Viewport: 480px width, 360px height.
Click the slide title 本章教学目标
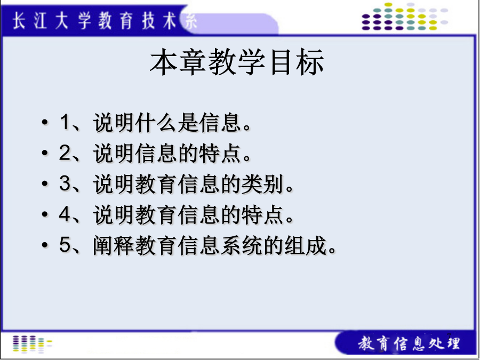coord(237,62)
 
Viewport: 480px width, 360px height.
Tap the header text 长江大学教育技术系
coord(105,22)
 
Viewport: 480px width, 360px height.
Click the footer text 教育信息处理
coord(409,343)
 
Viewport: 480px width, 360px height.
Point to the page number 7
coord(449,336)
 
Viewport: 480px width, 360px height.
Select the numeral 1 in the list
coord(65,122)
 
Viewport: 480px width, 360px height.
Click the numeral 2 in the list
coord(65,153)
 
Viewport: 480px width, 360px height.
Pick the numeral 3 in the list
coord(65,183)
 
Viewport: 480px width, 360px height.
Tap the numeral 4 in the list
coord(65,214)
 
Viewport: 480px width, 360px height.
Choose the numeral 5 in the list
coord(65,245)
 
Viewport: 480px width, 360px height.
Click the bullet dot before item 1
coord(45,122)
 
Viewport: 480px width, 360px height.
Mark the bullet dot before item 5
coord(45,245)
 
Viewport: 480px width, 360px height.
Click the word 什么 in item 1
coord(156,123)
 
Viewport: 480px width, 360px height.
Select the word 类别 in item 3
coord(262,183)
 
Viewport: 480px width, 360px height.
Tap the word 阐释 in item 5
coord(114,245)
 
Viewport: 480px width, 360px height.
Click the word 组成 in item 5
coord(305,245)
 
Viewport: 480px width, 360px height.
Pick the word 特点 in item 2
coord(220,153)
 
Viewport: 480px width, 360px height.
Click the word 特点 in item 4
coord(262,214)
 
